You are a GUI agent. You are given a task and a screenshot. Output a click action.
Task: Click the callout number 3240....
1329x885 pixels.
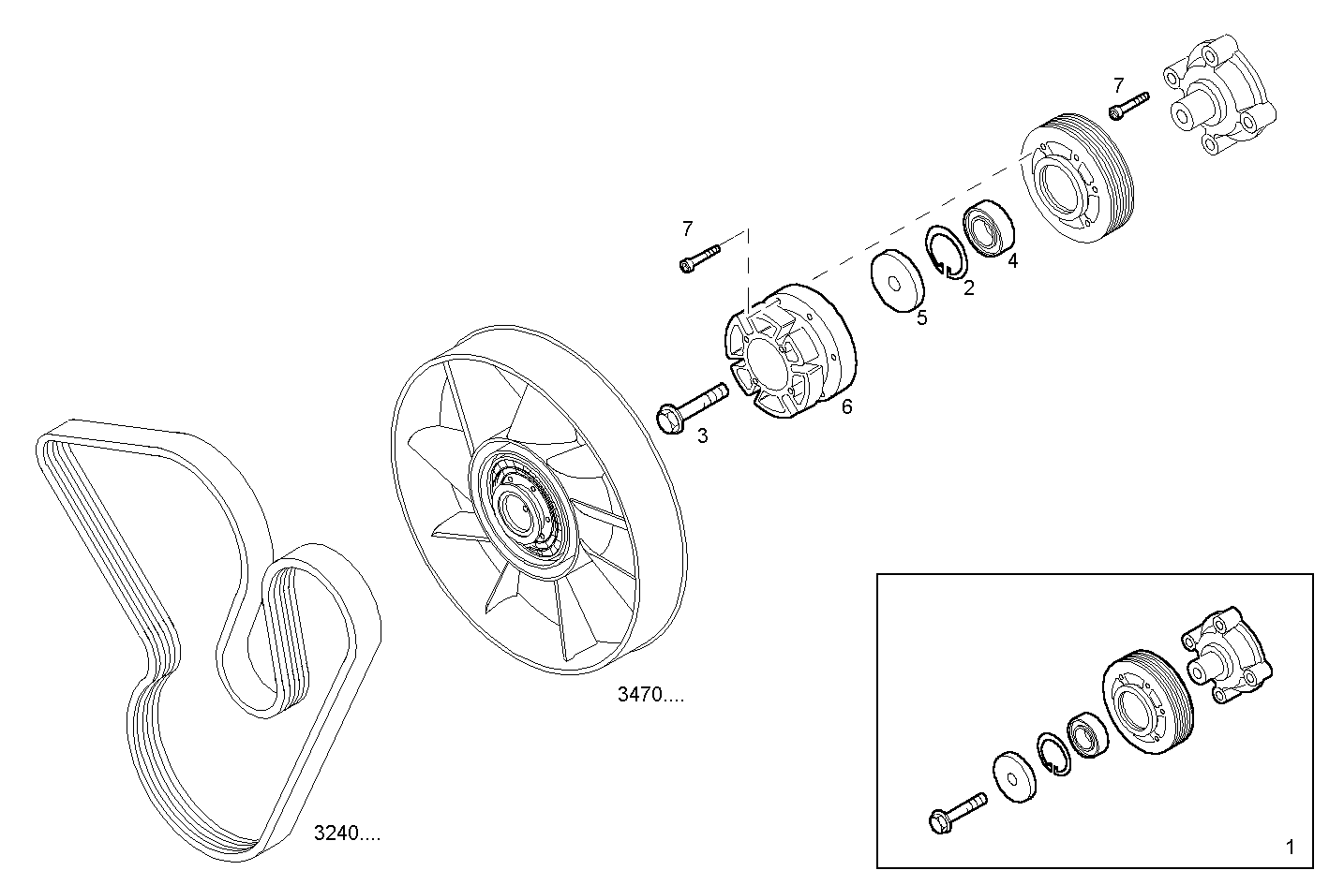[346, 833]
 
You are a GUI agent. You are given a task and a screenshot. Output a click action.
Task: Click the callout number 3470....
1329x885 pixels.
[650, 695]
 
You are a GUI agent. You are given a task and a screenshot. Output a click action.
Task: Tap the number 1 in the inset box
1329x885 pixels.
[1290, 848]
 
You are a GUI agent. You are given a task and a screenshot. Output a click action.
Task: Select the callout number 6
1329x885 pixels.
[846, 406]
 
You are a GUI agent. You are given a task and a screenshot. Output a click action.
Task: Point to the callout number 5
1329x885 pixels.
[921, 318]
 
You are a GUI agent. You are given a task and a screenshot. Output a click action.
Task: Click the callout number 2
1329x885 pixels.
[968, 288]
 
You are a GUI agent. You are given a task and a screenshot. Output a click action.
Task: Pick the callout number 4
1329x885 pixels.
[1012, 261]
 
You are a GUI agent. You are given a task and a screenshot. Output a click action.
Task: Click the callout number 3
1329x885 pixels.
[702, 435]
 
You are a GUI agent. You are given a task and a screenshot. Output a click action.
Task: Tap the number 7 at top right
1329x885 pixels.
[1118, 85]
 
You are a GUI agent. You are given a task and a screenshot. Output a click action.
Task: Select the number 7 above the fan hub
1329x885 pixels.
[687, 229]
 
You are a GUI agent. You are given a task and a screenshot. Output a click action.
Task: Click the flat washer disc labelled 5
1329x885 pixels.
[894, 278]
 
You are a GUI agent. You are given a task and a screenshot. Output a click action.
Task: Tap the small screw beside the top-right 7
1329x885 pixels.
[1128, 104]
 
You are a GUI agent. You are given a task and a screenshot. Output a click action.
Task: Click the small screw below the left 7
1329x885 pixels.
[698, 258]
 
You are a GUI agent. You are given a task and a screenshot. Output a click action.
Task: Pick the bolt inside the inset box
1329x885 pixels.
[956, 811]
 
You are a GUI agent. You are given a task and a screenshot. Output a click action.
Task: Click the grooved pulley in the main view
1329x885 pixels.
[1078, 184]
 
